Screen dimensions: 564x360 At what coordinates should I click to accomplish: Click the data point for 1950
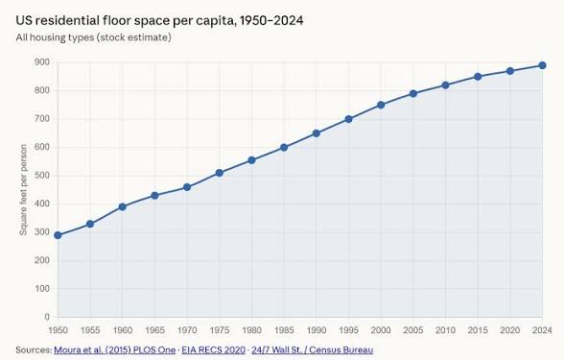coord(58,235)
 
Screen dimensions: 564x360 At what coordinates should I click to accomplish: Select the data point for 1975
coord(219,173)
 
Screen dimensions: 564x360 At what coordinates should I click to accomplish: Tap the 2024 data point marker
coord(543,65)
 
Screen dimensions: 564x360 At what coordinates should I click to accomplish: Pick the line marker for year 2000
coord(381,106)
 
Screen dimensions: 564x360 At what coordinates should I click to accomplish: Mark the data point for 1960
coord(123,207)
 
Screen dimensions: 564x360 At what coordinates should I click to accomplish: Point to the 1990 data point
coord(317,133)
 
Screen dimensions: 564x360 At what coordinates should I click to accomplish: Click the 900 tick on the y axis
coord(42,62)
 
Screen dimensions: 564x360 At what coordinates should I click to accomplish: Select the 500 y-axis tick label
coord(42,176)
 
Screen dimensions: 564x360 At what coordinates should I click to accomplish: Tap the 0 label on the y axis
coord(47,317)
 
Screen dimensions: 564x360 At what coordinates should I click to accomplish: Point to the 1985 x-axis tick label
coord(284,330)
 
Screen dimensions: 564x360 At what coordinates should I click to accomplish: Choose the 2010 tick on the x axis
coord(445,330)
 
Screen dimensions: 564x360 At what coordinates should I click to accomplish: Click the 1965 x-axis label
coord(154,330)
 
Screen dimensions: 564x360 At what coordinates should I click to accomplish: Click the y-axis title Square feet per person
coord(23,190)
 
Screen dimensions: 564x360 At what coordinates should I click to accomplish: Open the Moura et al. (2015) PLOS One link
coord(115,349)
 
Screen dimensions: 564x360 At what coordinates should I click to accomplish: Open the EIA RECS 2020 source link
coord(213,349)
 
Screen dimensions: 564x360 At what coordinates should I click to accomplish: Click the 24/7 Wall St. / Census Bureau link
coord(313,349)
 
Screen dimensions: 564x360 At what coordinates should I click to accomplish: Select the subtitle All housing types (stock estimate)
coord(94,37)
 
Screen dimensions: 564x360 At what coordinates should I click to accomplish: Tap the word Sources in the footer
coord(34,349)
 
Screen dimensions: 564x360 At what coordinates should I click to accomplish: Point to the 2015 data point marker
coord(478,77)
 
